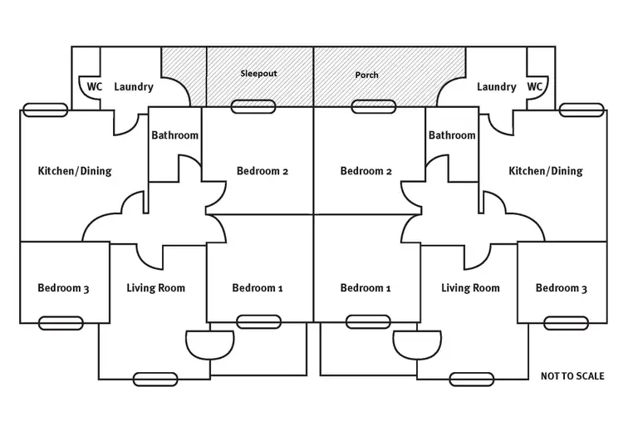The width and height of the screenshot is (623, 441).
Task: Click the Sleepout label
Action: [258, 73]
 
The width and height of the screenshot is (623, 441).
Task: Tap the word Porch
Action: [366, 75]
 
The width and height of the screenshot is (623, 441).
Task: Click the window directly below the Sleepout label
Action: [254, 106]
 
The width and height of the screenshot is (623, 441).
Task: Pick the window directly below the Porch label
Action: [373, 106]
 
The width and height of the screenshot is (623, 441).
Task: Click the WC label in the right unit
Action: [535, 86]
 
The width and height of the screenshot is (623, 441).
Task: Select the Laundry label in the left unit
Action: [134, 86]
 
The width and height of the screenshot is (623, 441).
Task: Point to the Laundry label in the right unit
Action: [497, 86]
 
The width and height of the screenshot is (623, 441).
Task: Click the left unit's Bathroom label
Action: [174, 135]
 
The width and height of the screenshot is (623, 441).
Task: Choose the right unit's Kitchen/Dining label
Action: [546, 171]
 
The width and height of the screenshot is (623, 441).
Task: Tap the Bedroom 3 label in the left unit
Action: [63, 288]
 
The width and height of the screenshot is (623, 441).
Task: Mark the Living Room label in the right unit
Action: [470, 288]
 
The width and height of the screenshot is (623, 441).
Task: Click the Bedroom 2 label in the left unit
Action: [262, 171]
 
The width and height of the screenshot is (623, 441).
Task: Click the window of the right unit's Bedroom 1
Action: [368, 321]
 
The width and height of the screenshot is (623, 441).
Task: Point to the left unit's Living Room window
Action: [155, 379]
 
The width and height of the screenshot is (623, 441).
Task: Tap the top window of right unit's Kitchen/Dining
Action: [579, 110]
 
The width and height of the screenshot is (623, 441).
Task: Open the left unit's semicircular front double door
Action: [208, 342]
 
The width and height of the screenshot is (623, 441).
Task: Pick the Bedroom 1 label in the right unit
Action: [365, 288]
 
